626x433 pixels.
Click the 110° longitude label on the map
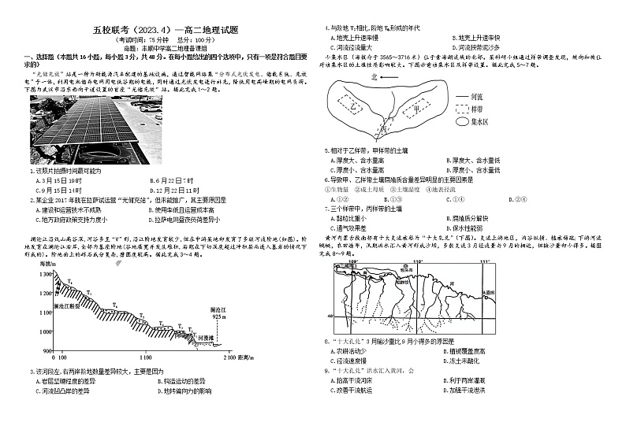point(419,261)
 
